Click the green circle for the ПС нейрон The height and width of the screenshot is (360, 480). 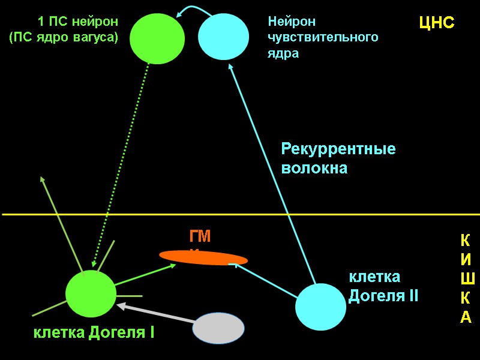click(157, 38)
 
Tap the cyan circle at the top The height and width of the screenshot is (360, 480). click(223, 37)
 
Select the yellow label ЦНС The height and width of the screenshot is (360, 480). click(436, 23)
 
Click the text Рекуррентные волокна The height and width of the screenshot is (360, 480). click(338, 158)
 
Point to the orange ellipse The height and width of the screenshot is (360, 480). click(203, 257)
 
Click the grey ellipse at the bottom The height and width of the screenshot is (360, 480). click(218, 329)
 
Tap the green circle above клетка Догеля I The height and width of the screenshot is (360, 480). click(91, 294)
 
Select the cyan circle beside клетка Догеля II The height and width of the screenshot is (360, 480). click(320, 307)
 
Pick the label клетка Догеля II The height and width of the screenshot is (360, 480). click(383, 286)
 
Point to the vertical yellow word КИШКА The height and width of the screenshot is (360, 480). click(466, 279)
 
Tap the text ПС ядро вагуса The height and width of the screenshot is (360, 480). click(64, 37)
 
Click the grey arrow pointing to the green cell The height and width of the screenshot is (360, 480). click(156, 316)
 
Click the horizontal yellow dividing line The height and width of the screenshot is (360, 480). click(240, 214)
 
